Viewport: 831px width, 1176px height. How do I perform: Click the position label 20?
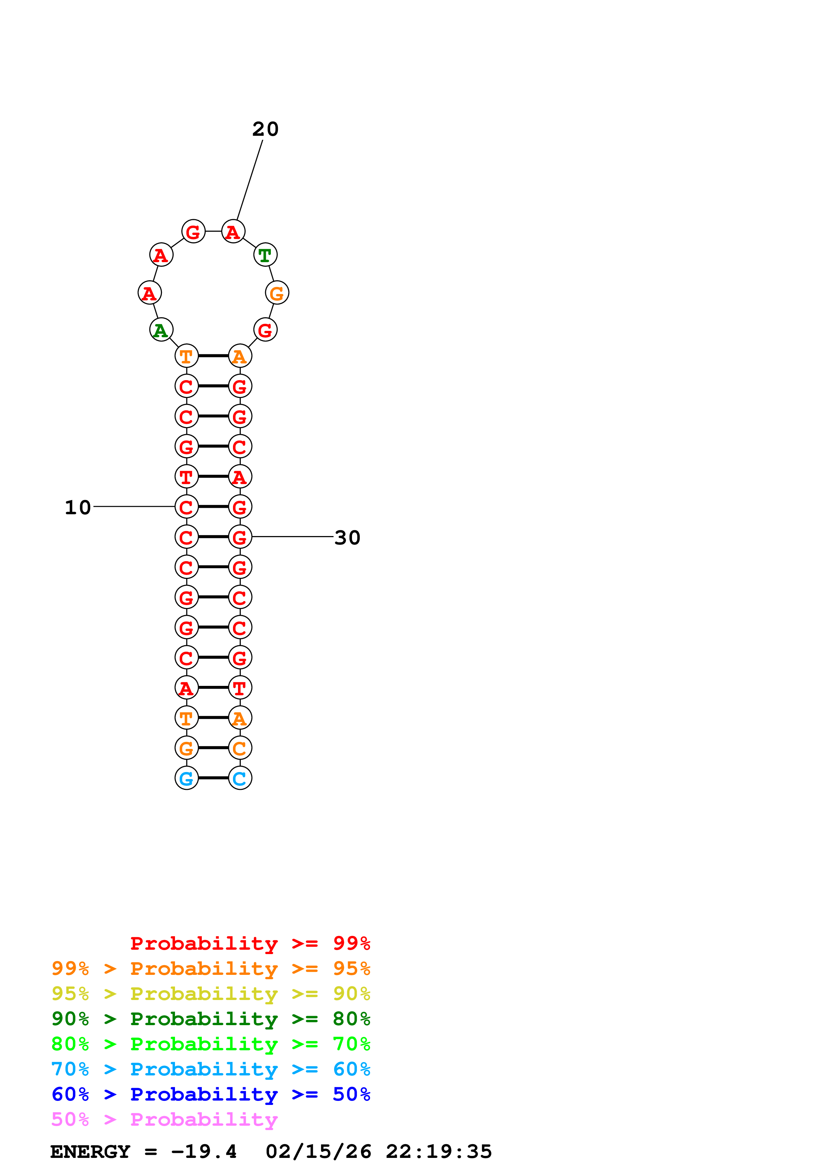pyautogui.click(x=265, y=129)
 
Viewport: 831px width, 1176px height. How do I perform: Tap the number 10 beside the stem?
pyautogui.click(x=78, y=508)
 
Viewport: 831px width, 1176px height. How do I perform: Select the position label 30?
pyautogui.click(x=347, y=538)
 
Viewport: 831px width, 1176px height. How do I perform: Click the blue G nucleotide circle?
pyautogui.click(x=186, y=778)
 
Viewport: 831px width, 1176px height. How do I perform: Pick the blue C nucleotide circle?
pyautogui.click(x=240, y=778)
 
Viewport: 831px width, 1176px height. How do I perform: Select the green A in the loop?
pyautogui.click(x=161, y=330)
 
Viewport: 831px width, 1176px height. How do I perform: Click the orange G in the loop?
pyautogui.click(x=277, y=293)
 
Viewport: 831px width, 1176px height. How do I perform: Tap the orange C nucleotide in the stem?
pyautogui.click(x=240, y=748)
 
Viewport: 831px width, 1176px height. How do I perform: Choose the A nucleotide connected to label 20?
pyautogui.click(x=233, y=232)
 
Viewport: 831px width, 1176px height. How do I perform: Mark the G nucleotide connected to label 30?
pyautogui.click(x=240, y=537)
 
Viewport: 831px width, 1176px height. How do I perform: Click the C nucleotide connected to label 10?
pyautogui.click(x=186, y=507)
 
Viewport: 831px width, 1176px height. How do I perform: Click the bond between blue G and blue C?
pyautogui.click(x=213, y=778)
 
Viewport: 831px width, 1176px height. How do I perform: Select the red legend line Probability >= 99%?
pyautogui.click(x=250, y=943)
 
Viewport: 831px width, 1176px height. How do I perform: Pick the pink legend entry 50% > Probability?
pyautogui.click(x=164, y=1120)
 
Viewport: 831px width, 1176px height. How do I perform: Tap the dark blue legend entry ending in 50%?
pyautogui.click(x=211, y=1095)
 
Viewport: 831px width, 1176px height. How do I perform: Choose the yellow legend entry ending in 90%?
pyautogui.click(x=211, y=994)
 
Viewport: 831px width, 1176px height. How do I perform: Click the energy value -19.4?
pyautogui.click(x=204, y=1152)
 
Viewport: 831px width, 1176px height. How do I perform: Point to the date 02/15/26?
pyautogui.click(x=318, y=1152)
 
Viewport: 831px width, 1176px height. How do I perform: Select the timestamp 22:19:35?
pyautogui.click(x=439, y=1152)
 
